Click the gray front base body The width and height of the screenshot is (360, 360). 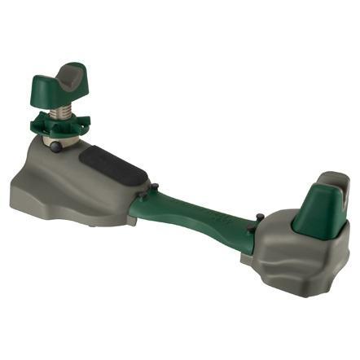(x=73, y=175)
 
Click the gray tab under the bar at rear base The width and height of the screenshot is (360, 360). (x=248, y=259)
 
